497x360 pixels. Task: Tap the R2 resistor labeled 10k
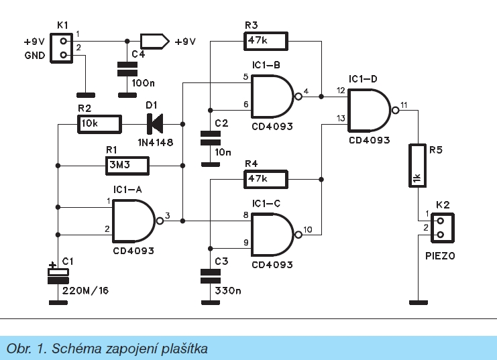point(98,125)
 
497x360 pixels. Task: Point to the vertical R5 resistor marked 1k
point(417,165)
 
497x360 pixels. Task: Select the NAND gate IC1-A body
point(134,219)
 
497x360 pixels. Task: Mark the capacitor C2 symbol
point(211,139)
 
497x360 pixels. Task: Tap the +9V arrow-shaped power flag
point(152,41)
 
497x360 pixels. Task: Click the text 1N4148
point(153,141)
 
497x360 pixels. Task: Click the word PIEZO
point(441,255)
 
